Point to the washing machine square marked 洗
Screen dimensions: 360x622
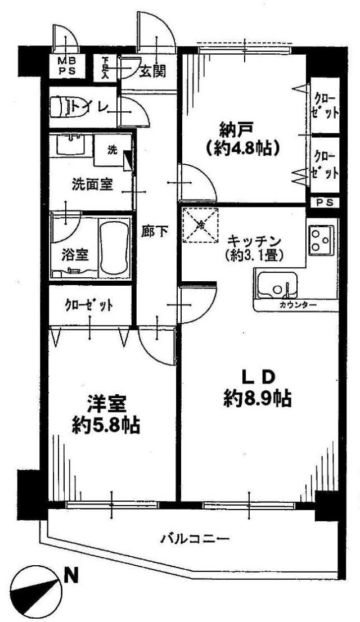pyautogui.click(x=112, y=150)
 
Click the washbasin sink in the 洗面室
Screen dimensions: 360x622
pyautogui.click(x=71, y=145)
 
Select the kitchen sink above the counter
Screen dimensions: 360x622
pyautogui.click(x=276, y=284)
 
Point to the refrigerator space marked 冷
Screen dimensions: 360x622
pyautogui.click(x=200, y=224)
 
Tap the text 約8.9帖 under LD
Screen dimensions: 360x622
pyautogui.click(x=258, y=398)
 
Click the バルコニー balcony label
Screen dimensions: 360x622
pyautogui.click(x=195, y=539)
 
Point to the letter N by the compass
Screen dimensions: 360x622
pyautogui.click(x=71, y=575)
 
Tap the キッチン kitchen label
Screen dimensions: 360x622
pyautogui.click(x=254, y=240)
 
